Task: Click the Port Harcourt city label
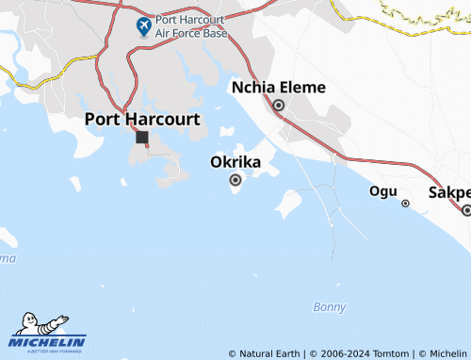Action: tap(142, 119)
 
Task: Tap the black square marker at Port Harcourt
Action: tap(141, 138)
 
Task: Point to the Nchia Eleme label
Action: tap(279, 88)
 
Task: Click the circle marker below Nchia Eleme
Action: tap(279, 106)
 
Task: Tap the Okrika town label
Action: tap(235, 161)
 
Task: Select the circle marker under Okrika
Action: tap(235, 179)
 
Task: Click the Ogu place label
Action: tap(382, 191)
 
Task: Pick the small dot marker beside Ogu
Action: tap(405, 203)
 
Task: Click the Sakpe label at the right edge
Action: tap(449, 192)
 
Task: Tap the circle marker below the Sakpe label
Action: tap(466, 210)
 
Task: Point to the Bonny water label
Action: tap(330, 307)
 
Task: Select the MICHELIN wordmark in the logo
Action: tap(49, 342)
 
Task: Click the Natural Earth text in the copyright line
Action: tap(269, 353)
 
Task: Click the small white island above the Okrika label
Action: tap(227, 131)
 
